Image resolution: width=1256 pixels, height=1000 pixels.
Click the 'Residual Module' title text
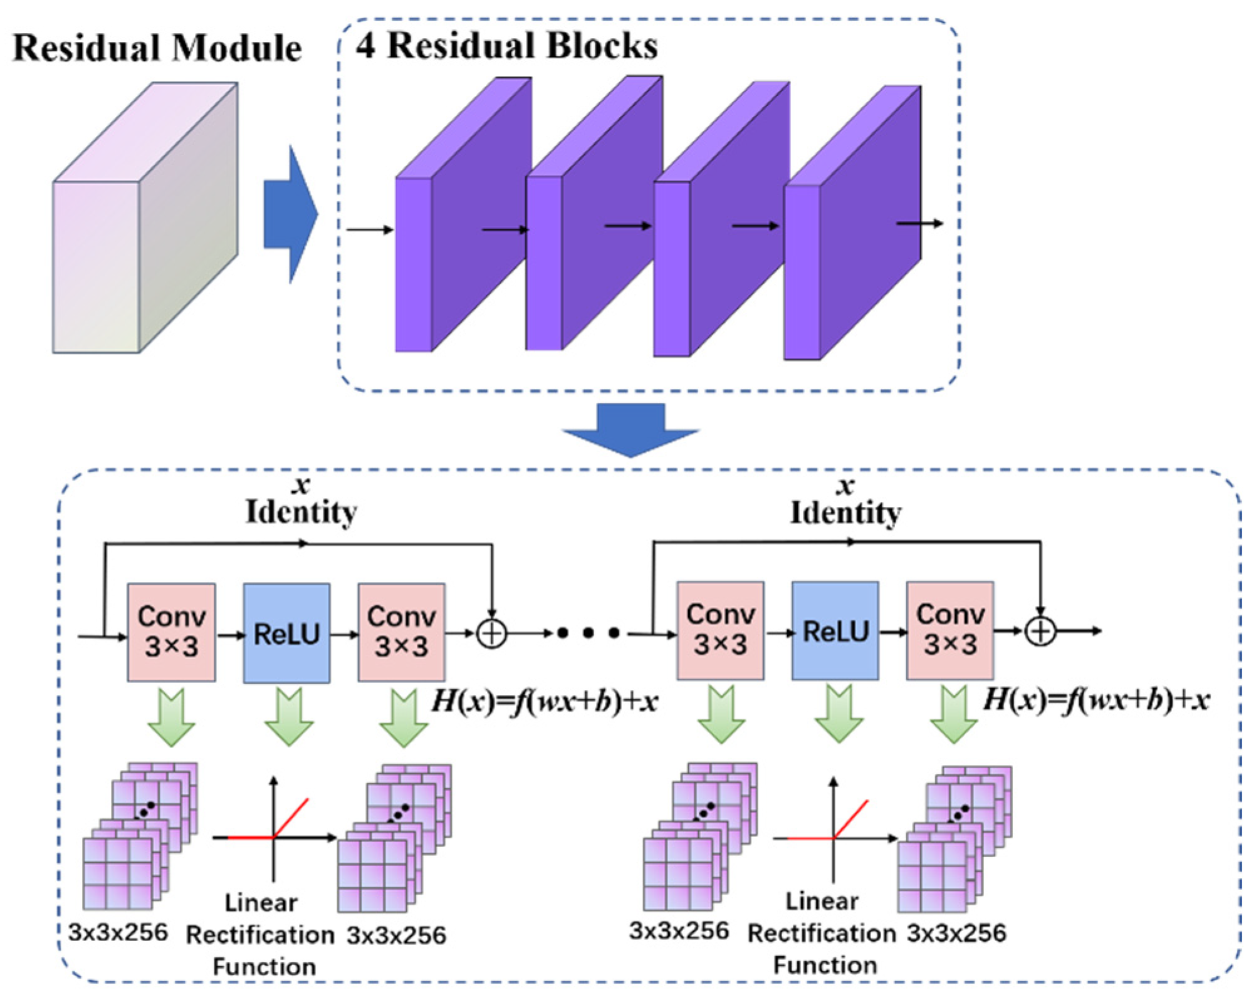coord(157,48)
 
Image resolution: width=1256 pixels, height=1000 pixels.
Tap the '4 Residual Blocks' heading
coord(506,45)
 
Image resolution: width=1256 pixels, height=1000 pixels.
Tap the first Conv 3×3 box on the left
coord(171,632)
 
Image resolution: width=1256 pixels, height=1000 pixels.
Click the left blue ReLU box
coord(286,633)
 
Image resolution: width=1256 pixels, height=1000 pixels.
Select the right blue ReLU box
coord(835,630)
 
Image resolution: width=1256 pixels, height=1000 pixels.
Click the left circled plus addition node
coord(492,633)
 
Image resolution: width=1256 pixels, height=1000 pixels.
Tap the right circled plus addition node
coord(1040,631)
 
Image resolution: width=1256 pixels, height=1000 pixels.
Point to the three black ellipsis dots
coord(588,633)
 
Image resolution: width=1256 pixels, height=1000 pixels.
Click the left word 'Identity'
coord(301,513)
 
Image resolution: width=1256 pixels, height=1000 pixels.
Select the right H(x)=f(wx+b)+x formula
coord(1096,699)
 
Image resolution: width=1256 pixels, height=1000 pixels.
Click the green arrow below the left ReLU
coord(288,717)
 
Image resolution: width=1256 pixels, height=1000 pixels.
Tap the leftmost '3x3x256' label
coord(118,932)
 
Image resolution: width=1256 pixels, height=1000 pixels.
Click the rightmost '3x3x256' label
coord(956,933)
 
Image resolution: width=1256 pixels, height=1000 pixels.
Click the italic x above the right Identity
coord(845,486)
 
